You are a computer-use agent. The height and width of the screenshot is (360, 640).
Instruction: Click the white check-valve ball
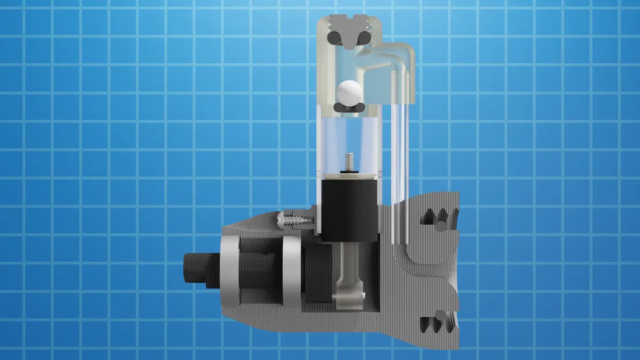coord(350,92)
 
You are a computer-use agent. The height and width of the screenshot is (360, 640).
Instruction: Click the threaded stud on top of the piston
coord(349,161)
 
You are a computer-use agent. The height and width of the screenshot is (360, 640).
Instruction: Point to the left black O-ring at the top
coord(334,37)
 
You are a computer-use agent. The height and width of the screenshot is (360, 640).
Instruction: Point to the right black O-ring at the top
coord(364,37)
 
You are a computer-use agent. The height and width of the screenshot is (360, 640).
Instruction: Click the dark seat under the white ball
coord(350,107)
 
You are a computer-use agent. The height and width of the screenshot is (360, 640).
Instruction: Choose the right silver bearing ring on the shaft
coord(291,272)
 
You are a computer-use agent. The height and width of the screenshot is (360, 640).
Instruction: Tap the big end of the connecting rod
coord(349,297)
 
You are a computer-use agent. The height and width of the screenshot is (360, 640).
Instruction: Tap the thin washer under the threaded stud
coord(349,173)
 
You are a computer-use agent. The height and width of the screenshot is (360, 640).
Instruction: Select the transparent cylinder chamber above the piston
coord(349,138)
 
